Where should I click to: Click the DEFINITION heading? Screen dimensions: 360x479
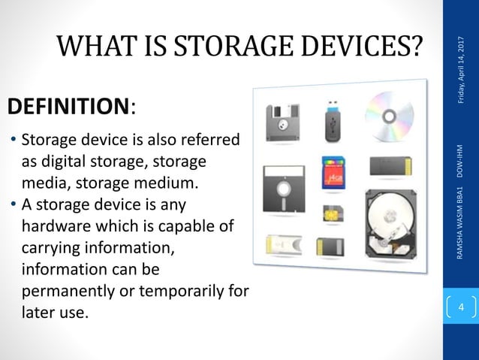pyautogui.click(x=68, y=107)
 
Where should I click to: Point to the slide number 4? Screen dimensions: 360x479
pyautogui.click(x=460, y=307)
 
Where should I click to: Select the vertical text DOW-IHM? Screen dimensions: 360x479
pyautogui.click(x=459, y=159)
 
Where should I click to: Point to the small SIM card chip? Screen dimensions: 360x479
pyautogui.click(x=330, y=212)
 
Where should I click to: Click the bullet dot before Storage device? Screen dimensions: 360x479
pyautogui.click(x=13, y=141)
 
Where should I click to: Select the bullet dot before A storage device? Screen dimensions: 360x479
pyautogui.click(x=13, y=205)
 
